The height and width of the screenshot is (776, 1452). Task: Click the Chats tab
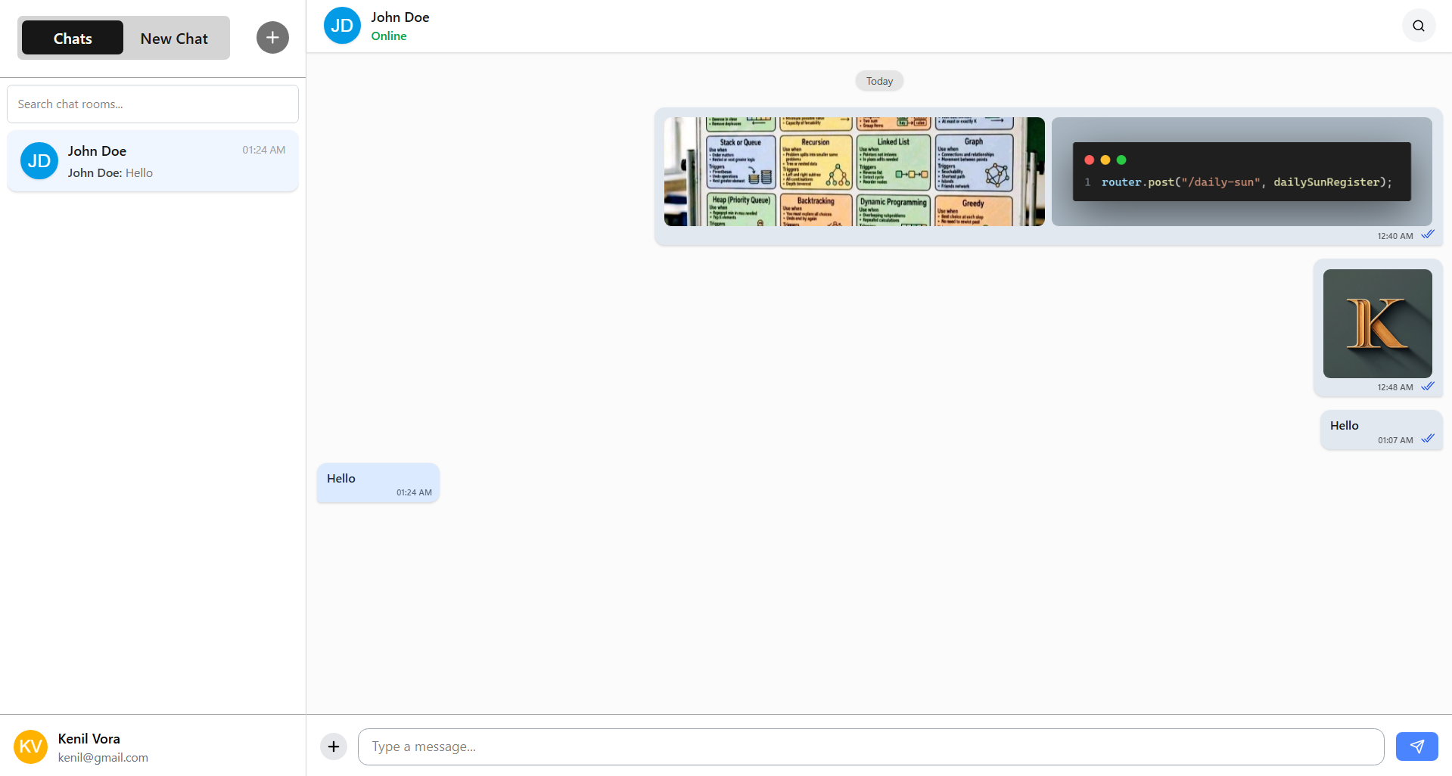pyautogui.click(x=73, y=39)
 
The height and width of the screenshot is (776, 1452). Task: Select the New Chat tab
pyautogui.click(x=174, y=39)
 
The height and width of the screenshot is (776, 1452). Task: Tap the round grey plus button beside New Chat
pyautogui.click(x=272, y=38)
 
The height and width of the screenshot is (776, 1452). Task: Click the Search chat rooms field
pyautogui.click(x=153, y=104)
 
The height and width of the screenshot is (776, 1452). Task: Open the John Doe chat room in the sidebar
pyautogui.click(x=153, y=161)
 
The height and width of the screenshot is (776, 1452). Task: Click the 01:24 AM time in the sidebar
pyautogui.click(x=263, y=150)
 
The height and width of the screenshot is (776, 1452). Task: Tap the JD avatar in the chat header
pyautogui.click(x=342, y=26)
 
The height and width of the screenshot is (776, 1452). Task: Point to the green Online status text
pyautogui.click(x=389, y=36)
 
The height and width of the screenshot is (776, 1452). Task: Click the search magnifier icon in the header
pyautogui.click(x=1419, y=26)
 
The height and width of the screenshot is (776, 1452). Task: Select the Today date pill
pyautogui.click(x=879, y=81)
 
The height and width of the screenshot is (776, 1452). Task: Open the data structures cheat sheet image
pyautogui.click(x=854, y=172)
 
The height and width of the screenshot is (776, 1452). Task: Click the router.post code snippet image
pyautogui.click(x=1242, y=172)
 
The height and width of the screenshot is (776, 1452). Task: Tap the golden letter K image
pyautogui.click(x=1377, y=324)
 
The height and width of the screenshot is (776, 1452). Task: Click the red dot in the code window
pyautogui.click(x=1089, y=160)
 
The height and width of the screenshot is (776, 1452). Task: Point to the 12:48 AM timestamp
pyautogui.click(x=1394, y=387)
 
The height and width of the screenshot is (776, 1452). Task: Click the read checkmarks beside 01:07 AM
pyautogui.click(x=1428, y=439)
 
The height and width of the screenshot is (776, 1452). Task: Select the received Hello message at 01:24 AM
pyautogui.click(x=378, y=483)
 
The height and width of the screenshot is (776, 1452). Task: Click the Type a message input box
pyautogui.click(x=870, y=747)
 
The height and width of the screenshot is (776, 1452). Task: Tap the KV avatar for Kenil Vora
pyautogui.click(x=30, y=747)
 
